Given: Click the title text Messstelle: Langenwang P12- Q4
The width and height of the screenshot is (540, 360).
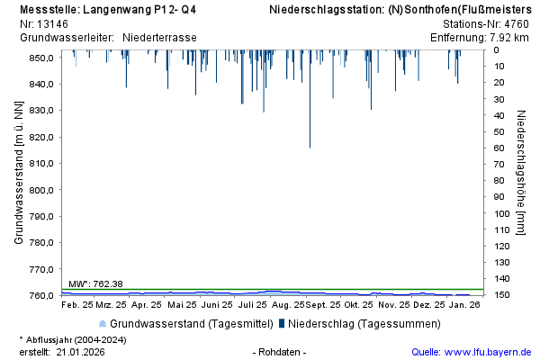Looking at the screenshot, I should [108, 9].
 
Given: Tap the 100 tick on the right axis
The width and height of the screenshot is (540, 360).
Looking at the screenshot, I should [502, 213].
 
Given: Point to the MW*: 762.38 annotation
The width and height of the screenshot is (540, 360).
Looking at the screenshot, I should [95, 284].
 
